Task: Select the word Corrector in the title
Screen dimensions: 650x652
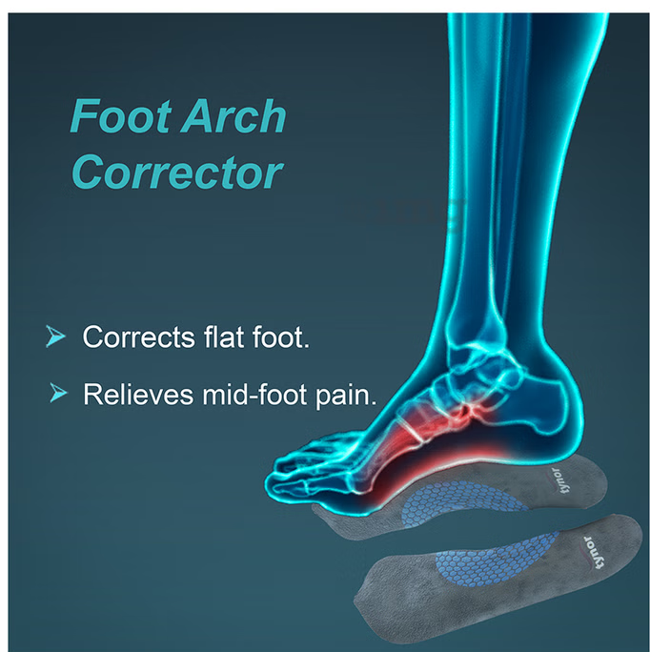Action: click(177, 172)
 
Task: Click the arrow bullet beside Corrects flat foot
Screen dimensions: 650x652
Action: click(55, 336)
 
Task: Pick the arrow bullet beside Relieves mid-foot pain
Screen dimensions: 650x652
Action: click(58, 393)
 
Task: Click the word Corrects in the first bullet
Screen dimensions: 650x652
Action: click(138, 336)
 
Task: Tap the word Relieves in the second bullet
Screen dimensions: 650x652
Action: click(138, 394)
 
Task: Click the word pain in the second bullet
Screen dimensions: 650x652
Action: click(346, 395)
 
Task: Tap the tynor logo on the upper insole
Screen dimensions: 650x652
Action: click(561, 480)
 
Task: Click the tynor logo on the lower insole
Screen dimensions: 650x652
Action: click(593, 553)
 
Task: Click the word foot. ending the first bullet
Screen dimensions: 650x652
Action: click(281, 336)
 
